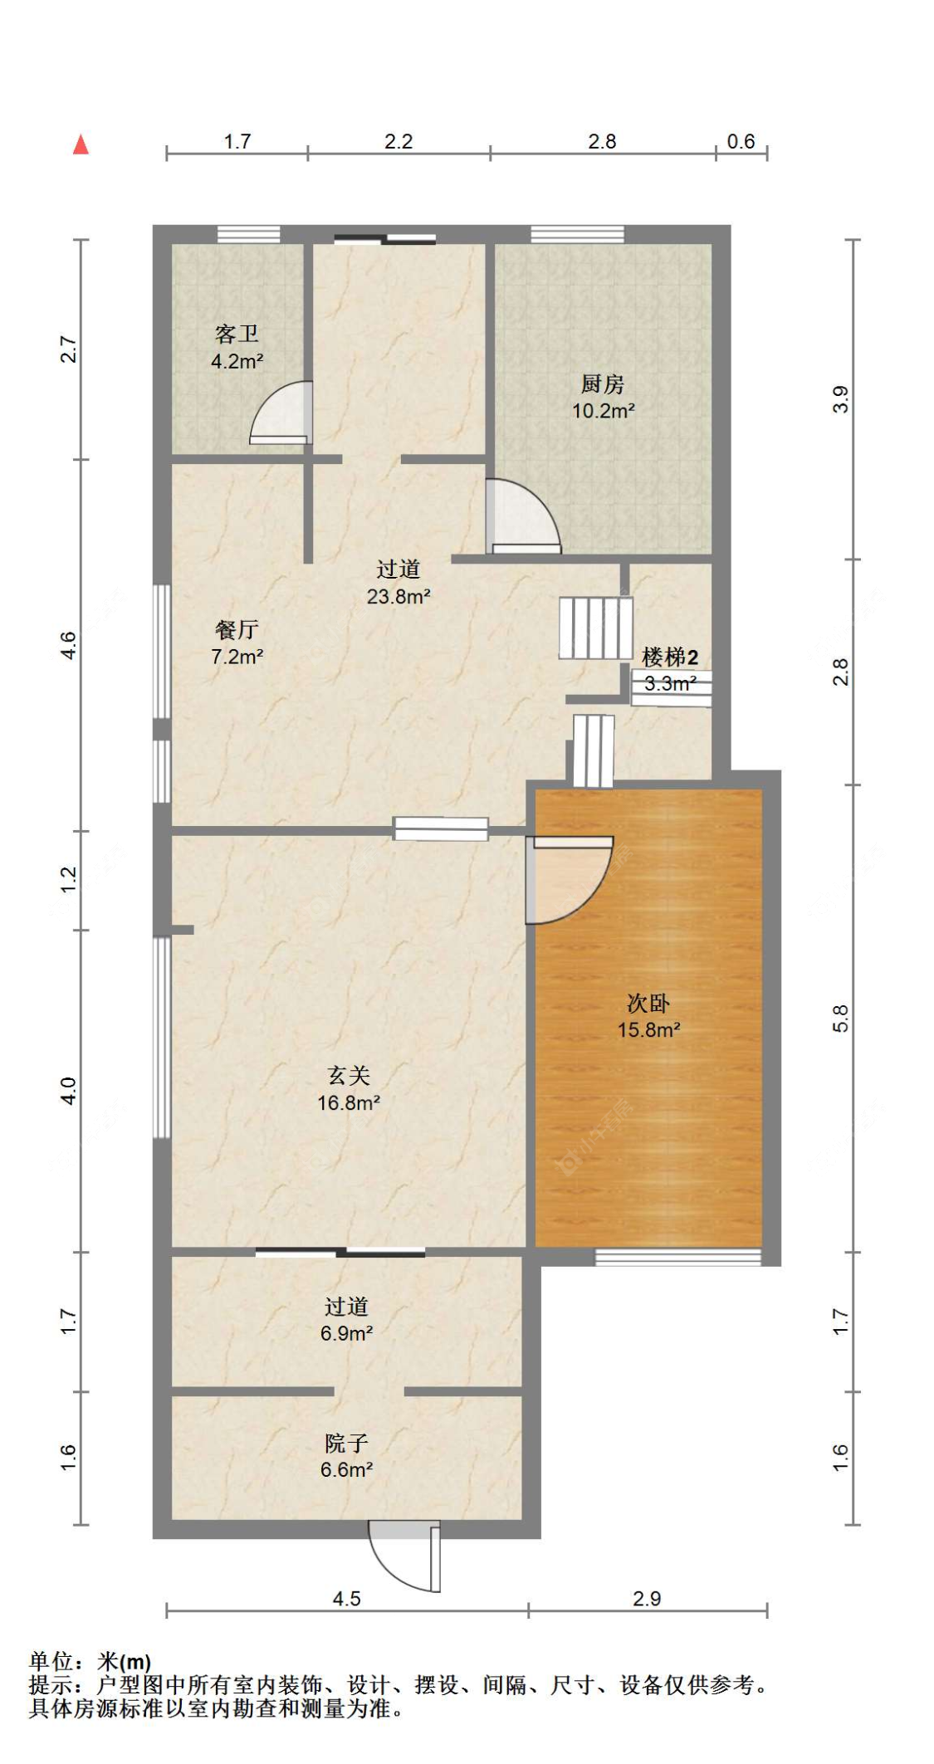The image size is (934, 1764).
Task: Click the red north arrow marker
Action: coord(81,144)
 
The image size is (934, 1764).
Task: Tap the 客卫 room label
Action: coord(237,334)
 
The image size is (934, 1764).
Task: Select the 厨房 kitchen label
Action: coord(603,384)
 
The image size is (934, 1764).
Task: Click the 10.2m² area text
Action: coord(604,411)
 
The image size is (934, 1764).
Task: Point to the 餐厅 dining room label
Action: coord(237,629)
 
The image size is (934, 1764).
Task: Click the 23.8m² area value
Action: coord(399,596)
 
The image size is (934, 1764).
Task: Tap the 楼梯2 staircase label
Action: coord(670,657)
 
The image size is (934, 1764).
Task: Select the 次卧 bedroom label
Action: coord(648,1003)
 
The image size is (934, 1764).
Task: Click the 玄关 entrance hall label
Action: coord(349,1076)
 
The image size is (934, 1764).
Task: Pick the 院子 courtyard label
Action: coord(346,1443)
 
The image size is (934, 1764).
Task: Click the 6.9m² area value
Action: coord(346,1333)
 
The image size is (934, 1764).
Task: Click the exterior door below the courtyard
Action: coord(405,1557)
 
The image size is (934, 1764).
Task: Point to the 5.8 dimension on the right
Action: coord(840,1018)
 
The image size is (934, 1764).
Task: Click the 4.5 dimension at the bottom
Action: coord(346,1598)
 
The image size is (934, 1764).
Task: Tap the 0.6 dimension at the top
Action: coord(741,141)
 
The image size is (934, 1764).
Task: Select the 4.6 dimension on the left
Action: coord(69,645)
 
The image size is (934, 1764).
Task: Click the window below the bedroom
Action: coord(678,1257)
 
